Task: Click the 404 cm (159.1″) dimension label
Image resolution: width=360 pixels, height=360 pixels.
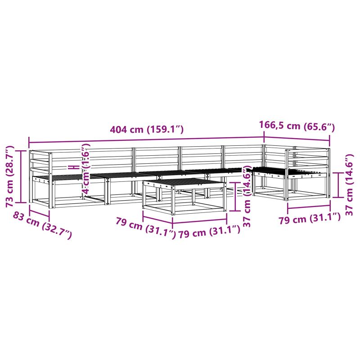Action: [x=147, y=129]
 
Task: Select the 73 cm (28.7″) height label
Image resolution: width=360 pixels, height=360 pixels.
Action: [x=10, y=176]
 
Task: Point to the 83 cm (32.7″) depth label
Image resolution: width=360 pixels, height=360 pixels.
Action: [x=42, y=225]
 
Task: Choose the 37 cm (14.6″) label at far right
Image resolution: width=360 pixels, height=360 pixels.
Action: [x=349, y=184]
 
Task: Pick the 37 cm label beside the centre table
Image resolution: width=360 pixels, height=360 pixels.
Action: [x=247, y=196]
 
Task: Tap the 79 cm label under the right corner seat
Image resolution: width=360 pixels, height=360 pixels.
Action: [x=310, y=218]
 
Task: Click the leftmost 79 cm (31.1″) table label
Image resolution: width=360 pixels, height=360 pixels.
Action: [x=145, y=228]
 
